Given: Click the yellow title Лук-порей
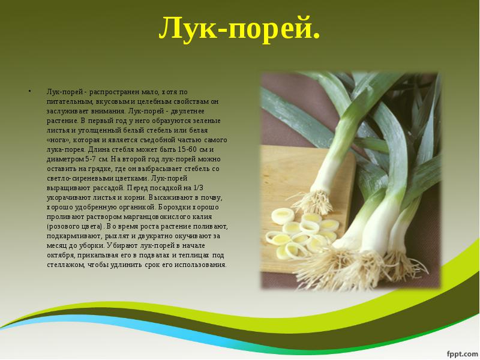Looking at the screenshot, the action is [x=239, y=28].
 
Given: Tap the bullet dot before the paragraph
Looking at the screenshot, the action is [x=29, y=91].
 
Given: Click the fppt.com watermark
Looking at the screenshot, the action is [x=462, y=353].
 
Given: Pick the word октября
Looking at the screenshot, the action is [x=61, y=256].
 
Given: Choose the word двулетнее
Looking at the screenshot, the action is [x=187, y=111].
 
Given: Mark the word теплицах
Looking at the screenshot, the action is [x=194, y=256].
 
